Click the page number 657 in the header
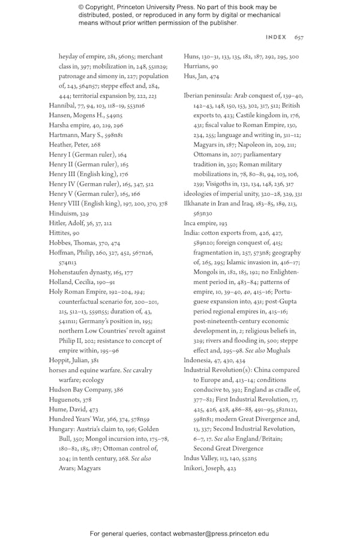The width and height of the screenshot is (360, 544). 299,37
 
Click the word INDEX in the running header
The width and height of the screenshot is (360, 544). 276,37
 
